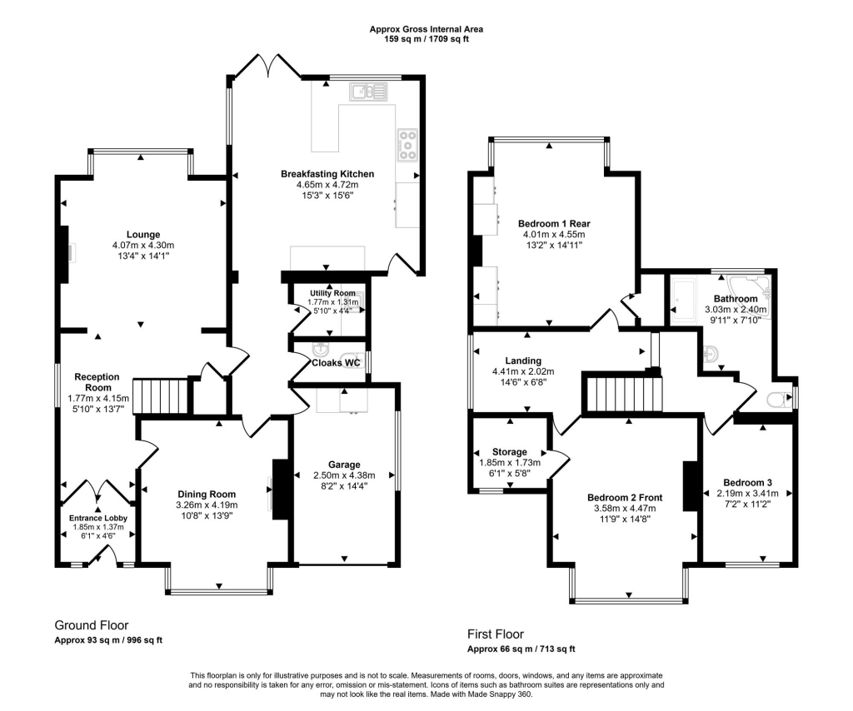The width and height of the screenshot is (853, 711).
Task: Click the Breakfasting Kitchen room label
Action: tap(327, 174)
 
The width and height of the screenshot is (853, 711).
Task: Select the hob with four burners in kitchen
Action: tap(408, 144)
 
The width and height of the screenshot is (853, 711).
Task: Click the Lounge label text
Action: tap(142, 234)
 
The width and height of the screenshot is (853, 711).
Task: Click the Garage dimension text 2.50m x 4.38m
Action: tap(344, 475)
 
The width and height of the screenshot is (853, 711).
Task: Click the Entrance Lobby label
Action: tap(97, 518)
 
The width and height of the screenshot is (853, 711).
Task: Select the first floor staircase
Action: tap(623, 393)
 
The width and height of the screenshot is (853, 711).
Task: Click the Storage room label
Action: tap(509, 452)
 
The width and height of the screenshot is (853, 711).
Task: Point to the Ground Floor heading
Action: tap(92, 625)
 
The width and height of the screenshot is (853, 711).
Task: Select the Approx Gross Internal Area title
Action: tap(426, 29)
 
